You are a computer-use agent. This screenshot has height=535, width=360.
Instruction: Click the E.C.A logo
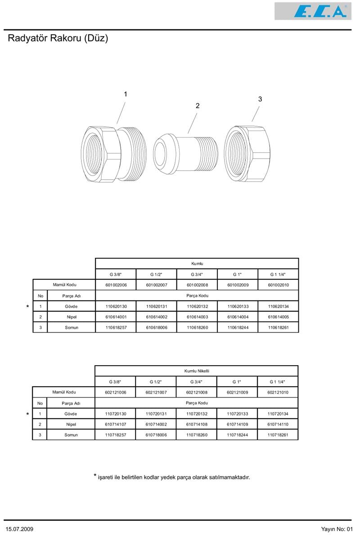point(313,11)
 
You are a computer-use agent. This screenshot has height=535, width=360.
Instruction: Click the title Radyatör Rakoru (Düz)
point(58,38)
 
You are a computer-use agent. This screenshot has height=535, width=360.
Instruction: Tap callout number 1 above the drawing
point(126,94)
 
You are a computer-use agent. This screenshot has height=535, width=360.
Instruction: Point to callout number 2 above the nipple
point(197,106)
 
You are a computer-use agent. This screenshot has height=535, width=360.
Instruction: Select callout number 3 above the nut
point(260,99)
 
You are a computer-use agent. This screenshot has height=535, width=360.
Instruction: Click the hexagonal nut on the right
point(247,154)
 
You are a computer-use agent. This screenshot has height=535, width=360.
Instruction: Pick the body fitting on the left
point(114,154)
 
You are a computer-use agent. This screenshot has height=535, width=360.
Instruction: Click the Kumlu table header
point(197,263)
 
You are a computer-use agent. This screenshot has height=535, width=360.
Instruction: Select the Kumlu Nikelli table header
point(197,371)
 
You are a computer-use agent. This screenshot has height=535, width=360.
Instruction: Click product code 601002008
point(197,285)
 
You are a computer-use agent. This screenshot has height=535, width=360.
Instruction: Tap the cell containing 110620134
point(278,306)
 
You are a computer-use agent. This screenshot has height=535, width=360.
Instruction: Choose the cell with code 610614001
point(116,317)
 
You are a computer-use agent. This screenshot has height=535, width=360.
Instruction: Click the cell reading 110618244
point(238,327)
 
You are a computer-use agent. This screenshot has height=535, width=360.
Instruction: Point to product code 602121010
point(278,393)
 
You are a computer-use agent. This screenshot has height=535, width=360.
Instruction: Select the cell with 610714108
point(197,424)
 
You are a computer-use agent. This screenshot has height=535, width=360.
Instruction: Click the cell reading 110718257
point(116,435)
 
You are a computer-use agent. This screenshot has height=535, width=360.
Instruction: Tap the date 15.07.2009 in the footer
point(19,529)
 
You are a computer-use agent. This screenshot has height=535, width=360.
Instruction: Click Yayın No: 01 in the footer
point(337,529)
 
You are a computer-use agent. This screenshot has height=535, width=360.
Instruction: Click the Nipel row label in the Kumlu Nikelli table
point(71,424)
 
